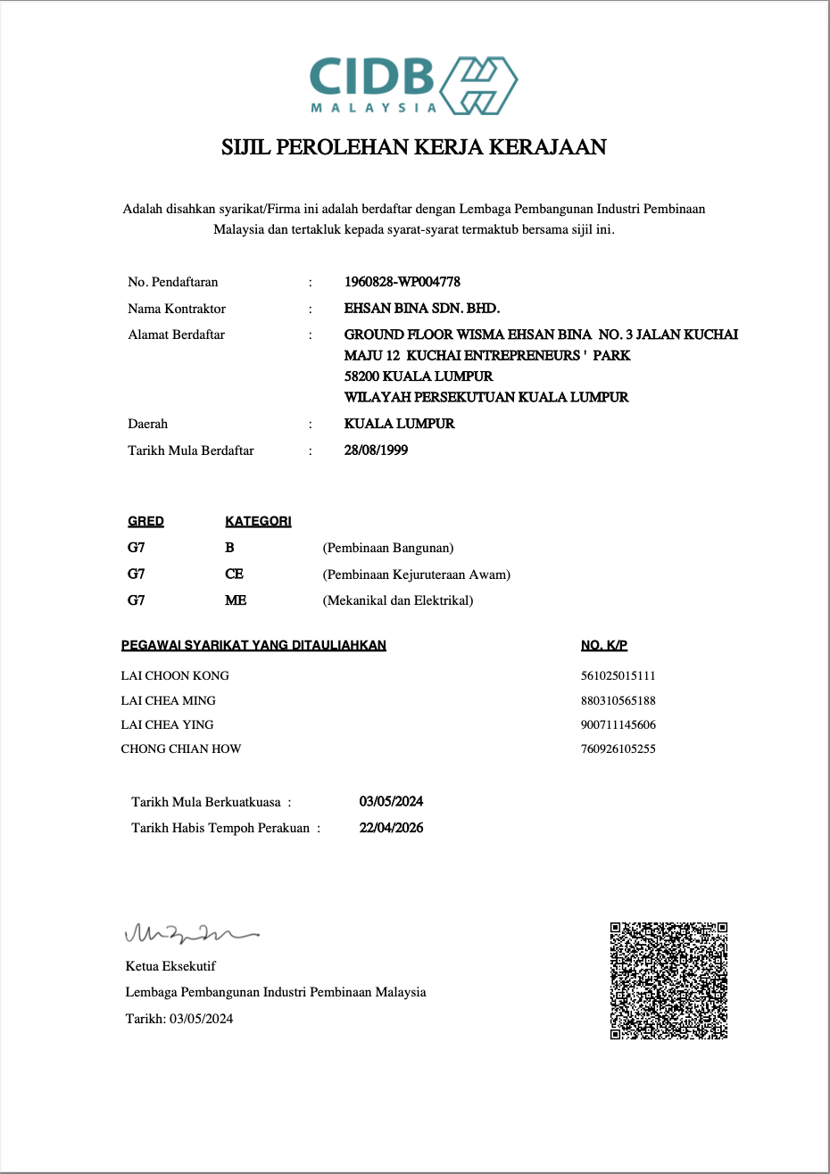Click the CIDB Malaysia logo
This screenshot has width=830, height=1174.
413,85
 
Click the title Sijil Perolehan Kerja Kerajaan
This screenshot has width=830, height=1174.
414,147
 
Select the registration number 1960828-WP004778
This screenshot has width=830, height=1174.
403,282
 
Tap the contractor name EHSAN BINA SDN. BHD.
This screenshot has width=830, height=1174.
422,309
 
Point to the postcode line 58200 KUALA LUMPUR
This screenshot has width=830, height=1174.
419,376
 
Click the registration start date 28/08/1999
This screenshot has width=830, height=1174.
376,451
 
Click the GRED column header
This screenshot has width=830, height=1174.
145,521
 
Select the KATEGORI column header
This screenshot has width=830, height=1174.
258,521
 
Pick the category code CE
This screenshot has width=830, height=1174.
234,575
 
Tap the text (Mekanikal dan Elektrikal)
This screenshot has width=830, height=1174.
398,600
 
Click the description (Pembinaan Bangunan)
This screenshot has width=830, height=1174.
388,548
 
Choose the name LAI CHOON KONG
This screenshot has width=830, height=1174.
175,676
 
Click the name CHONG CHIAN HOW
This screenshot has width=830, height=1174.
181,749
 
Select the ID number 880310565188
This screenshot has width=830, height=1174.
618,701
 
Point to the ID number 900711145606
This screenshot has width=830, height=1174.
618,725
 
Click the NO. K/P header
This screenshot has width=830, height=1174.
604,645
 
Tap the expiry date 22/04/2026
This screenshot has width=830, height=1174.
391,828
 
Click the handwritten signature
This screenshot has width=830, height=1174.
190,934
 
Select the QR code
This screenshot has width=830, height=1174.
668,980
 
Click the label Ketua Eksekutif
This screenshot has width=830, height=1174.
170,966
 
